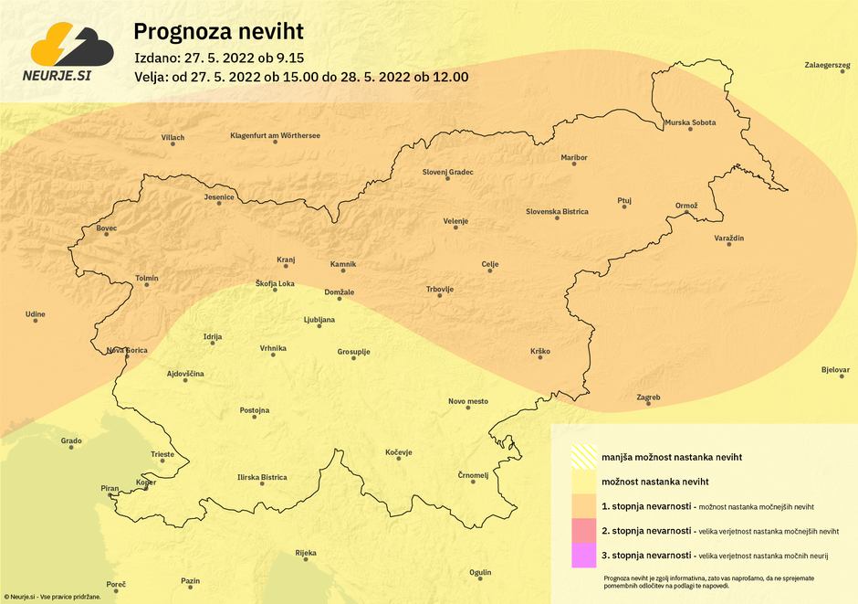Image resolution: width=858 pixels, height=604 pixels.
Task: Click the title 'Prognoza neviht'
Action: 218,32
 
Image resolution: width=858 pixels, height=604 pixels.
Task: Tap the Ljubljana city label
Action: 319,320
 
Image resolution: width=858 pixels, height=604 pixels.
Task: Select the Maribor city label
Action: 574,158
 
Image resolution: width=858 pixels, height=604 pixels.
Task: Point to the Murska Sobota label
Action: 690,122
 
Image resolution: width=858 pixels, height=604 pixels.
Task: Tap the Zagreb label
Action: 648,397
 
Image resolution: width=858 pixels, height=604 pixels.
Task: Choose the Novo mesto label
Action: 468,401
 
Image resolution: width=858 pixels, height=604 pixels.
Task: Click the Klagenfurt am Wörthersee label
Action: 275,136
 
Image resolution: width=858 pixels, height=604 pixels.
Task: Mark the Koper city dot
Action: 146,488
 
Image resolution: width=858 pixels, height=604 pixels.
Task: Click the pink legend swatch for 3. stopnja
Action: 583,556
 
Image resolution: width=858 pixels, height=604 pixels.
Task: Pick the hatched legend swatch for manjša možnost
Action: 583,456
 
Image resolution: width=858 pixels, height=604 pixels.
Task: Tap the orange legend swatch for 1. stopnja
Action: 583,506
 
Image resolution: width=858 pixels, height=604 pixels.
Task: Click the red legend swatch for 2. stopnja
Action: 583,531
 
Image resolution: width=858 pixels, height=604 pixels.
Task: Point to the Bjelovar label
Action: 835,370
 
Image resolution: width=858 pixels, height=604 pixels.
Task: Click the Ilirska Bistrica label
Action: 262,477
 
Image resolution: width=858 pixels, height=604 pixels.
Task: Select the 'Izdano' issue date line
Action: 218,58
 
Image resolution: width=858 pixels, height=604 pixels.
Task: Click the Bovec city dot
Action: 107,235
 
